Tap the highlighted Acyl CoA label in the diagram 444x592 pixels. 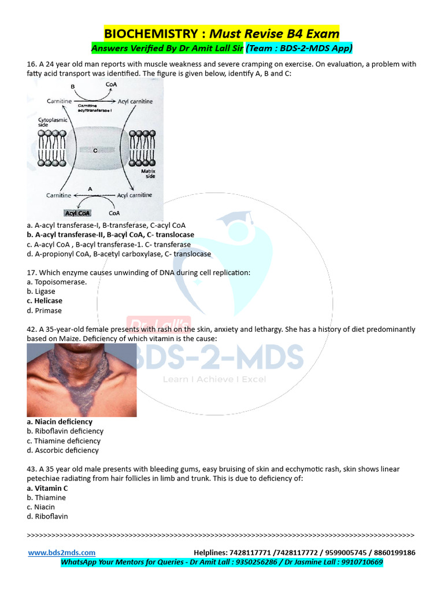(77, 213)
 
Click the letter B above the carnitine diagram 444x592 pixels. (73, 86)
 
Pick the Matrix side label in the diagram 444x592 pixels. (149, 173)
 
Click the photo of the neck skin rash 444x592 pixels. (82, 380)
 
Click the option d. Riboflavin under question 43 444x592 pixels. (47, 516)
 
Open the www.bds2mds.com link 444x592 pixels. (62, 553)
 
